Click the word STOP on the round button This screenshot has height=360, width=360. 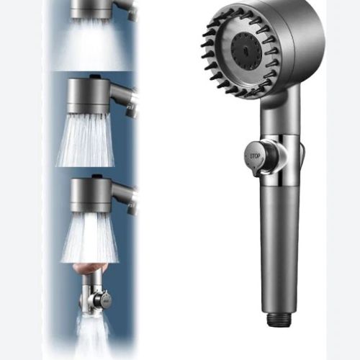pos(255,156)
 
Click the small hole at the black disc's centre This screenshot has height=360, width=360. pos(245,50)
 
